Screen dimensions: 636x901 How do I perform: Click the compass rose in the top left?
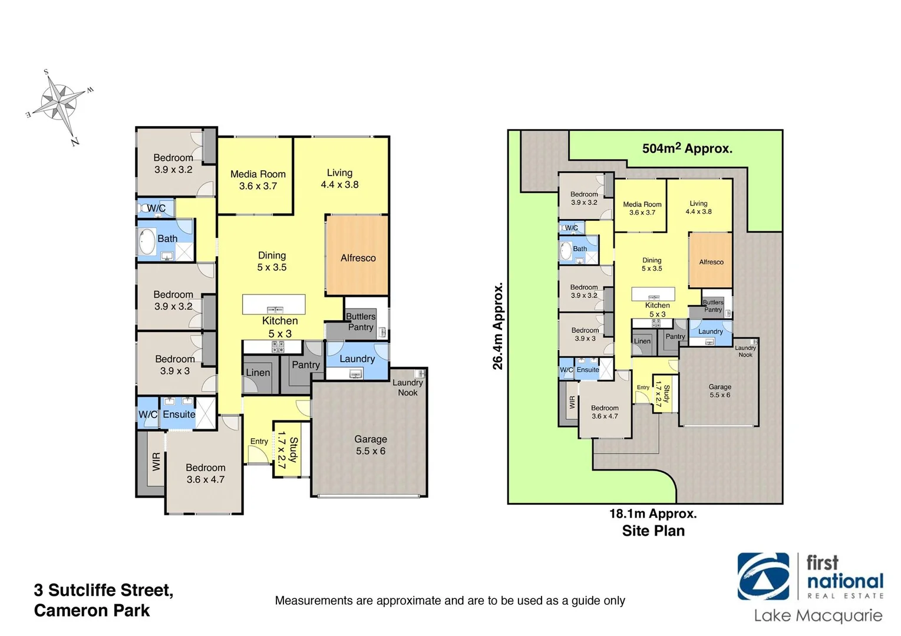[60, 105]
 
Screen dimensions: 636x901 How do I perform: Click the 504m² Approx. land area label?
[687, 148]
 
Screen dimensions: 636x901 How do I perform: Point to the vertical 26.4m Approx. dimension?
[498, 326]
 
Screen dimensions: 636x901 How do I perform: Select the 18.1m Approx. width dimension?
[653, 514]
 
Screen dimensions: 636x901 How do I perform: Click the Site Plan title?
[653, 531]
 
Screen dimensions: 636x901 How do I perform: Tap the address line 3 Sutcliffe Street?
[104, 590]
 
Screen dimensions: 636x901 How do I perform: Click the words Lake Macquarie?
[818, 616]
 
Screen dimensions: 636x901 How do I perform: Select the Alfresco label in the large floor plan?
[358, 258]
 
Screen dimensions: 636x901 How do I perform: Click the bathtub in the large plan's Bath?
[146, 241]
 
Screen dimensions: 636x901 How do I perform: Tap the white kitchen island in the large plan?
[273, 304]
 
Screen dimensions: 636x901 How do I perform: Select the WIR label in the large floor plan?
[156, 461]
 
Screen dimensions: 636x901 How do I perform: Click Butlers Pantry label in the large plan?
[360, 322]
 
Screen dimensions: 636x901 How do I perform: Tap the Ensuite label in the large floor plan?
[179, 415]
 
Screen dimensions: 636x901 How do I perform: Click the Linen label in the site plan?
[642, 341]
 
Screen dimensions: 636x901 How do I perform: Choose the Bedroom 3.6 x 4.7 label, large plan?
[205, 473]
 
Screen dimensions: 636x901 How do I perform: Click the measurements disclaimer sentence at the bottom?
[450, 601]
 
